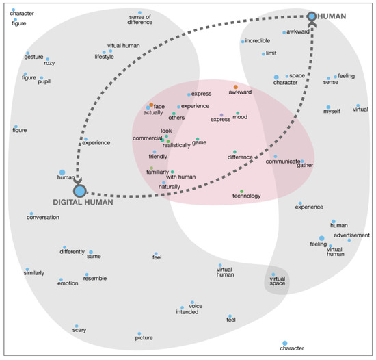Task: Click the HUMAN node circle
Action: (x=312, y=16)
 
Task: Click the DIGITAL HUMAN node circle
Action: (x=79, y=191)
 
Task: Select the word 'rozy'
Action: (x=49, y=63)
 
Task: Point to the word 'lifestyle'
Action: (x=105, y=57)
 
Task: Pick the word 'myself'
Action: (x=332, y=112)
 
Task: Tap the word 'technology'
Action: (x=247, y=196)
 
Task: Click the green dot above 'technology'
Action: (x=241, y=190)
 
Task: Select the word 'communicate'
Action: (x=282, y=162)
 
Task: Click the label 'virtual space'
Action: (x=277, y=281)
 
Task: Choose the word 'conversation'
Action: (x=43, y=218)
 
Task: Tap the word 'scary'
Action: (x=79, y=330)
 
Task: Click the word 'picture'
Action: (x=144, y=337)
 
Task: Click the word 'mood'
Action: (x=240, y=118)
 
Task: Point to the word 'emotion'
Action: (x=68, y=283)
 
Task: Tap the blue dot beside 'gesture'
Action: (x=28, y=53)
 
